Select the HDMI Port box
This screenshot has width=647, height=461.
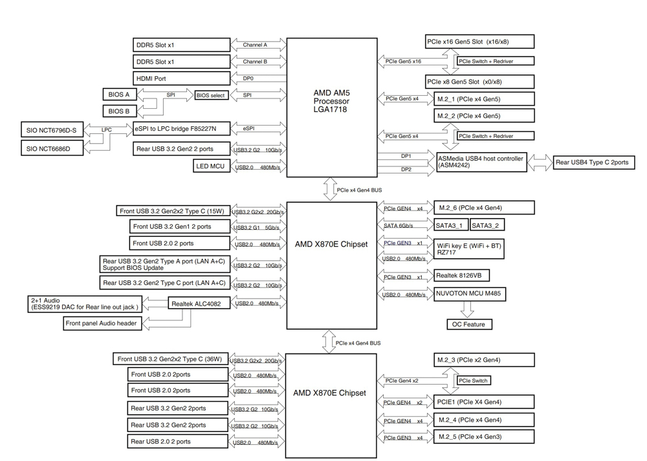click(182, 78)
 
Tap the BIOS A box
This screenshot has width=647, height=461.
click(119, 95)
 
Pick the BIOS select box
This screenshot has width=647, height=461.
click(212, 95)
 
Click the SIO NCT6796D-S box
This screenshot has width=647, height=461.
click(52, 131)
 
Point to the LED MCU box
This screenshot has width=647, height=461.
click(212, 166)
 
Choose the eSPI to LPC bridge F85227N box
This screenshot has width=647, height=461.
click(182, 129)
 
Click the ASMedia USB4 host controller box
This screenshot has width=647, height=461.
click(481, 162)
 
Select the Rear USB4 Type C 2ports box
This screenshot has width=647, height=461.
click(592, 163)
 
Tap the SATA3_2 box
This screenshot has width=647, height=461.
click(487, 225)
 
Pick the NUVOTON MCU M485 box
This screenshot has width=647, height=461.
click(470, 294)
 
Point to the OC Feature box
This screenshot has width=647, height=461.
click(469, 324)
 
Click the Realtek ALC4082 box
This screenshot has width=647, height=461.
click(199, 302)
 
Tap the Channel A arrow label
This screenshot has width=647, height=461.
click(255, 45)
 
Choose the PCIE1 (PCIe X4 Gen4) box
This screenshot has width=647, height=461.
click(484, 402)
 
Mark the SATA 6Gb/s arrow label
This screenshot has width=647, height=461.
click(399, 226)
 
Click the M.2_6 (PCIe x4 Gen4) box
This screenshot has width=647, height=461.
click(484, 208)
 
